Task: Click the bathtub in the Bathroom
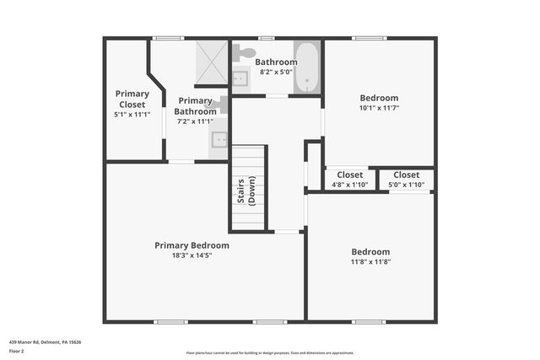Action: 309,67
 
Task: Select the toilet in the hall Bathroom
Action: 246,53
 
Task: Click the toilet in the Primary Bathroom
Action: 221,104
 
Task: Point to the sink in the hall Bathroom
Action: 240,78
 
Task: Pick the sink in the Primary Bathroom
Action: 219,140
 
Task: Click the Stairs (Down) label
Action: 246,190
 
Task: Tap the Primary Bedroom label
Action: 192,245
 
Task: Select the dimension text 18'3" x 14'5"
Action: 192,255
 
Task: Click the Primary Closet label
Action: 132,99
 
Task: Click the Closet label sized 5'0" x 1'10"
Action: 406,175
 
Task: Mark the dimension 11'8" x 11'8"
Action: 370,261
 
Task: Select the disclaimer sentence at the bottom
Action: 269,352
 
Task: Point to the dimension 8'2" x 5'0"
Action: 276,72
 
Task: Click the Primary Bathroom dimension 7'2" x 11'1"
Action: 195,121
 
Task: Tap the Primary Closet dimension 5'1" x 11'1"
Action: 132,114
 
